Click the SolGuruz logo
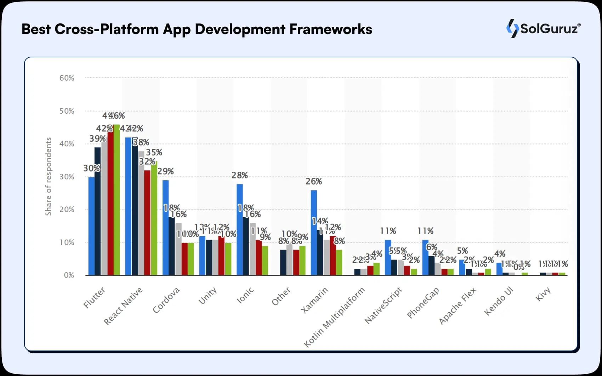pyautogui.click(x=543, y=28)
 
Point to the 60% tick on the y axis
pyautogui.click(x=67, y=78)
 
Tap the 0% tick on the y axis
pyautogui.click(x=69, y=275)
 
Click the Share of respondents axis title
pyautogui.click(x=48, y=176)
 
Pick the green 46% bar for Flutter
pyautogui.click(x=117, y=200)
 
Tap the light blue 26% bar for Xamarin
pyautogui.click(x=314, y=233)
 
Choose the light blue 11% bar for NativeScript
pyautogui.click(x=388, y=257)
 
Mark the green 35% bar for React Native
pyautogui.click(x=154, y=218)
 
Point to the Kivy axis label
pyautogui.click(x=543, y=294)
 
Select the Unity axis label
pyautogui.click(x=208, y=296)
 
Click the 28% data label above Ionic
pyautogui.click(x=240, y=175)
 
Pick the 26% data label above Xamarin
pyautogui.click(x=314, y=181)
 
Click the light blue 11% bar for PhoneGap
pyautogui.click(x=425, y=257)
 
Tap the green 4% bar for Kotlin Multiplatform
pyautogui.click(x=376, y=269)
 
